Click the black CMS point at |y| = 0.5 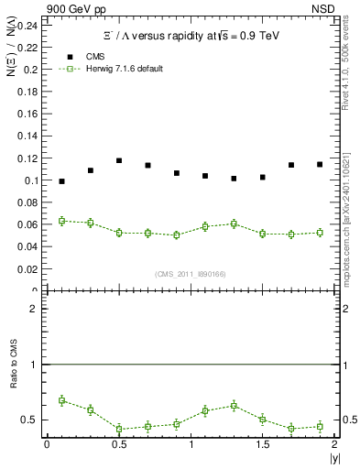tap(119, 160)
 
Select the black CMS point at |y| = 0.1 tap(61, 181)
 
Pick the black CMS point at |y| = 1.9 tap(320, 164)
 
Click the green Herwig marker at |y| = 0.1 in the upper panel tap(61, 221)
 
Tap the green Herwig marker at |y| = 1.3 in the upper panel tap(234, 224)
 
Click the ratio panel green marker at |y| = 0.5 tap(119, 429)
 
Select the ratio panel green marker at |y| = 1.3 tap(234, 405)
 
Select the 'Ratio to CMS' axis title tap(11, 377)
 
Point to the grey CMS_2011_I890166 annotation tap(190, 273)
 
